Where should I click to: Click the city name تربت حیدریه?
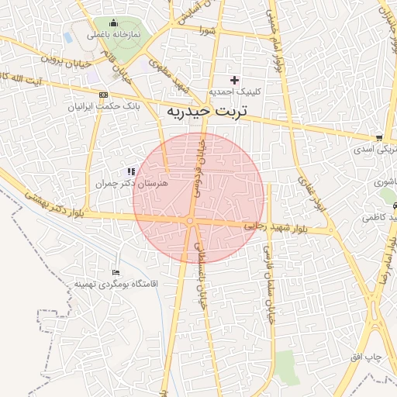[206, 112]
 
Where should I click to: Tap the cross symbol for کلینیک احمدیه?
[235, 80]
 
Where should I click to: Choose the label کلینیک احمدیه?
[235, 91]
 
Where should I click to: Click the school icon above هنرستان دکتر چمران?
[129, 171]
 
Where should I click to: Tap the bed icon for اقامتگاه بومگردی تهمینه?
[116, 272]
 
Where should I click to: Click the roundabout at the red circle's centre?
[190, 222]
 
